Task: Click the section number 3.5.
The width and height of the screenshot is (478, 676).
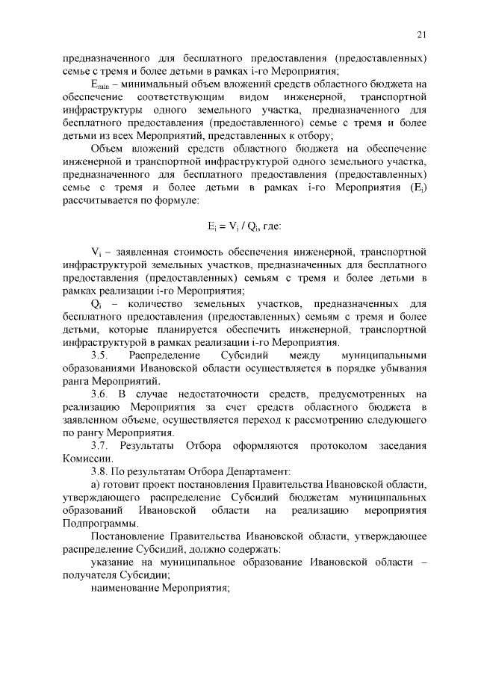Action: tap(101, 355)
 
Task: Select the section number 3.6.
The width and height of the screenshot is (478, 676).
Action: tap(101, 394)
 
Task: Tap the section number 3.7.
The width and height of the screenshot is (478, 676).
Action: tap(101, 446)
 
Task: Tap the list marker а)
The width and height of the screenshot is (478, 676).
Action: tap(95, 485)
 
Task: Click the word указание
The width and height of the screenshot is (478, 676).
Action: tap(113, 562)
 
